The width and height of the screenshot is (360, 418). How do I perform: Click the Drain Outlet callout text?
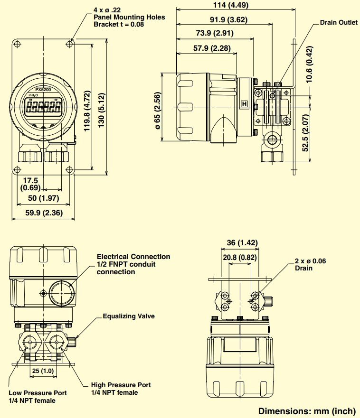[x=338, y=22]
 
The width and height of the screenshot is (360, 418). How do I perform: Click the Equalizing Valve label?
[x=129, y=316]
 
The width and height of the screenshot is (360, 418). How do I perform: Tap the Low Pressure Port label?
[x=38, y=393]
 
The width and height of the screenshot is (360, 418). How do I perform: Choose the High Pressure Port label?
[x=121, y=385]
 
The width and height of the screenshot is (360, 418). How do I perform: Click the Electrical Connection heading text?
[x=133, y=257]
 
